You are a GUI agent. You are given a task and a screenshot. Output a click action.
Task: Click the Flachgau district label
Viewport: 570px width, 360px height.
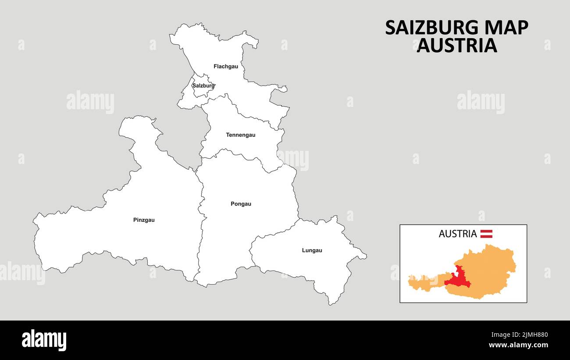coord(226,67)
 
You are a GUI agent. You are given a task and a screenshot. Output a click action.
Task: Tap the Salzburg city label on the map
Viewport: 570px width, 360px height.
coord(203,86)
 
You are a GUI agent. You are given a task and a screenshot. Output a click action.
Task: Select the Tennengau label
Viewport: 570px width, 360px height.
coord(240,135)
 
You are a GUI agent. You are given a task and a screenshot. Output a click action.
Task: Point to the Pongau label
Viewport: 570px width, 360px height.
coord(241,204)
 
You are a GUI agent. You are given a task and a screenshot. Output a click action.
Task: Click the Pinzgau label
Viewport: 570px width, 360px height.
coord(144,220)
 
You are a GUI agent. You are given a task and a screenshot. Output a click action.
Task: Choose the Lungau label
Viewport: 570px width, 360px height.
coord(312,250)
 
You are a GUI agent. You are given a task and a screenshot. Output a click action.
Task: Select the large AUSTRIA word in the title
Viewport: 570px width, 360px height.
coord(456,46)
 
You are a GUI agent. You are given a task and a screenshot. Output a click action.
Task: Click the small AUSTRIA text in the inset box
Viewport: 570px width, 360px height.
coord(457,234)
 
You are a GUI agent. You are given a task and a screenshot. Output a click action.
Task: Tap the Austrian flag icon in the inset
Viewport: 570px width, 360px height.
coord(486,234)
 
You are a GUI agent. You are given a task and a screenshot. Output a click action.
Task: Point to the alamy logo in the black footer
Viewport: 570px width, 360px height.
coord(44,340)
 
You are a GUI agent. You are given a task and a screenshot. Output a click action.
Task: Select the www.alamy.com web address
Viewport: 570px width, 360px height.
coord(518,345)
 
